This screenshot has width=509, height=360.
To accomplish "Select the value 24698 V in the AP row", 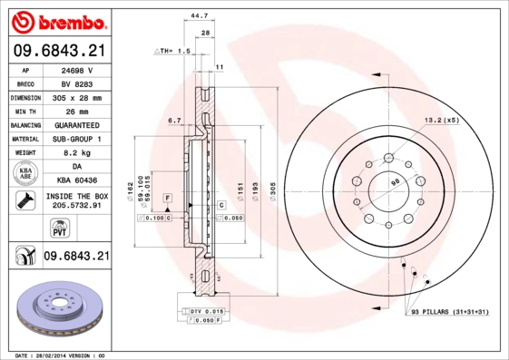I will coord(77,69).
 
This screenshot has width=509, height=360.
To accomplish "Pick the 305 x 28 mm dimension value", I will coord(77,96).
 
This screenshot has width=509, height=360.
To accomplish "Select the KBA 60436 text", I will coord(77,181).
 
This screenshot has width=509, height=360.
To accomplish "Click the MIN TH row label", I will coord(24,111).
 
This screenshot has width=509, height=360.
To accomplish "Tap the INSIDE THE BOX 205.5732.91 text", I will coord(77,201).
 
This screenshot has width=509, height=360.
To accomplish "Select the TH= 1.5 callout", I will coord(171,52).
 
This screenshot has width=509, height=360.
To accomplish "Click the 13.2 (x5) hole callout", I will coord(442,120).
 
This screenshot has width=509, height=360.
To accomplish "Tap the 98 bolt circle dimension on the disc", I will coord(396,183).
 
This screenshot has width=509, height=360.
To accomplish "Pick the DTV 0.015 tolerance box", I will coord(206,311).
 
